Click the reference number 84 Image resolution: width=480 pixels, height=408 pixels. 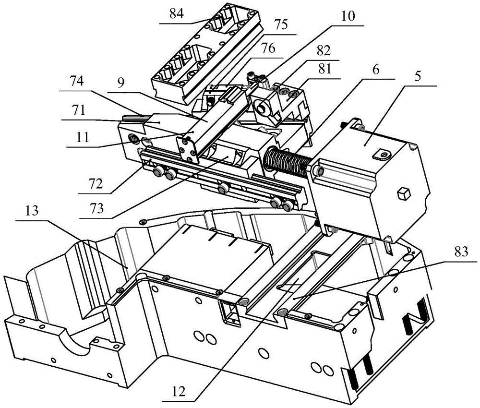pyautogui.click(x=176, y=14)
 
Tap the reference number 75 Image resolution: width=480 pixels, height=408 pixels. pyautogui.click(x=280, y=25)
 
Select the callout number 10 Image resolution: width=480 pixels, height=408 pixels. pyautogui.click(x=347, y=16)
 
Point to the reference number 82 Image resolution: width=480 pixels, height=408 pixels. pyautogui.click(x=324, y=51)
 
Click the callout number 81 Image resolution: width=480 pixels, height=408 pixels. pyautogui.click(x=325, y=69)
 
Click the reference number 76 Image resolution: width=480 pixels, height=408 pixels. pyautogui.click(x=268, y=48)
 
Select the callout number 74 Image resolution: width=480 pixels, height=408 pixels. pyautogui.click(x=77, y=82)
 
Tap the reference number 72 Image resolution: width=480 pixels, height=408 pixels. pyautogui.click(x=95, y=184)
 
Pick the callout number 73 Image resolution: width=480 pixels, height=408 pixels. pyautogui.click(x=96, y=209)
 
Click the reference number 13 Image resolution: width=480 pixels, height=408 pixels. pyautogui.click(x=32, y=211)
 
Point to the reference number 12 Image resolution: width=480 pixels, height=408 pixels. pyautogui.click(x=179, y=392)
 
